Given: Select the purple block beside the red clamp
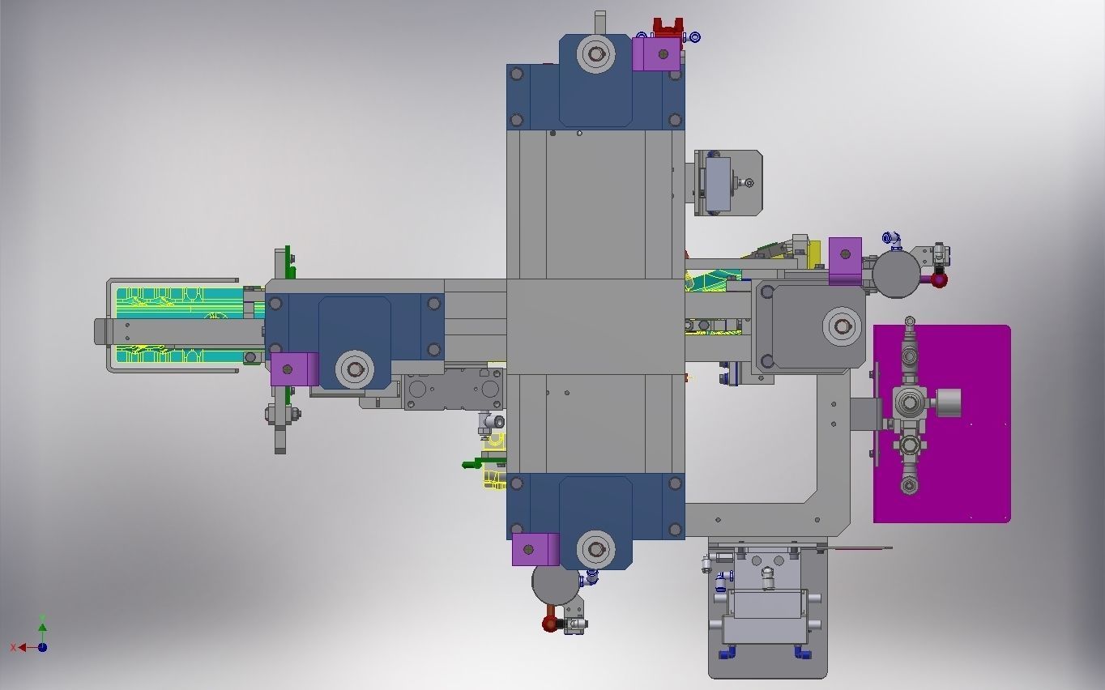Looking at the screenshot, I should pyautogui.click(x=655, y=55).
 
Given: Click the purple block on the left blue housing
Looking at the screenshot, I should pyautogui.click(x=294, y=369).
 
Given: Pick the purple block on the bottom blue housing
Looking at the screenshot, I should pyautogui.click(x=535, y=550).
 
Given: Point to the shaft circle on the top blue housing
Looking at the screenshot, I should pyautogui.click(x=597, y=55).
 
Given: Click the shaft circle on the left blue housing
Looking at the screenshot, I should pyautogui.click(x=355, y=370).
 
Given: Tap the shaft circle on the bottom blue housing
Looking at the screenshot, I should pyautogui.click(x=597, y=550).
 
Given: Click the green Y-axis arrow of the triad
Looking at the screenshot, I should pyautogui.click(x=42, y=625).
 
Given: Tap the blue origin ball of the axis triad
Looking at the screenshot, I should pyautogui.click(x=42, y=647).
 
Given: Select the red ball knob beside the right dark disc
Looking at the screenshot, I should pyautogui.click(x=939, y=280).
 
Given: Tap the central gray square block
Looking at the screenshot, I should pyautogui.click(x=595, y=326).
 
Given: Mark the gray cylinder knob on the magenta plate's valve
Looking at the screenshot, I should pyautogui.click(x=948, y=402).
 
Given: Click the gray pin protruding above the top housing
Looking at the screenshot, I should pyautogui.click(x=599, y=22).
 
